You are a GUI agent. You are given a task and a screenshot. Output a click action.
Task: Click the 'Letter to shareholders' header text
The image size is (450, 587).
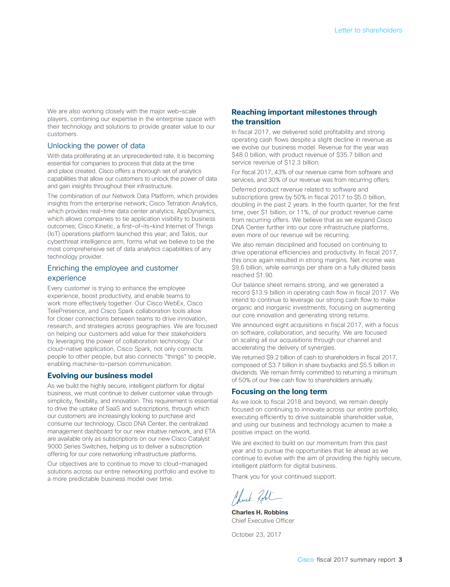click(x=368, y=30)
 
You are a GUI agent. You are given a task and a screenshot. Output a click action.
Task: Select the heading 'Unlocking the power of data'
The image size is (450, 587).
click(x=96, y=146)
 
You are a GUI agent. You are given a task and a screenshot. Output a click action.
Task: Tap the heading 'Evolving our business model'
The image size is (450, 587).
click(x=100, y=376)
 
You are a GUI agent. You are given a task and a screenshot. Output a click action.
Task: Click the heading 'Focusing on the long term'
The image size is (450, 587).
click(x=279, y=392)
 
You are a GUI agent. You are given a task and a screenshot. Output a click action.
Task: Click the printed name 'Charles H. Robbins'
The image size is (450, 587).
click(x=260, y=512)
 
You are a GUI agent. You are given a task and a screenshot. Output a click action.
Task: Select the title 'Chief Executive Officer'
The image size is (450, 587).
click(x=263, y=520)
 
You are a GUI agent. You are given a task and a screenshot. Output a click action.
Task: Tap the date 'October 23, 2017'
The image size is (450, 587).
click(x=256, y=534)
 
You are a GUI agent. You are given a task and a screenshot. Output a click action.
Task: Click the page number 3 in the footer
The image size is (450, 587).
click(x=400, y=559)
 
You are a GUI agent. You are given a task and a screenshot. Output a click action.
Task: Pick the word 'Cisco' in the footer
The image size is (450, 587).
click(x=305, y=559)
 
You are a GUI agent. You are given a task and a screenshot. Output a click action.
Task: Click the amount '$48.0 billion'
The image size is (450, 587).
click(x=248, y=155)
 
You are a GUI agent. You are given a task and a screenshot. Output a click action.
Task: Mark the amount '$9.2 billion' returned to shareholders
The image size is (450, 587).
click(x=284, y=357)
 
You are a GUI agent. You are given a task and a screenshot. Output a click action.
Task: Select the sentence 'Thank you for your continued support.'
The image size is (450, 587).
click(x=283, y=476)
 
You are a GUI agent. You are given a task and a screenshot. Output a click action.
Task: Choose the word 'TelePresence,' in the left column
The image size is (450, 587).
click(x=67, y=311)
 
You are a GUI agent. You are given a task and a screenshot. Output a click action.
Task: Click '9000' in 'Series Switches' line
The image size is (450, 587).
click(x=53, y=446)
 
